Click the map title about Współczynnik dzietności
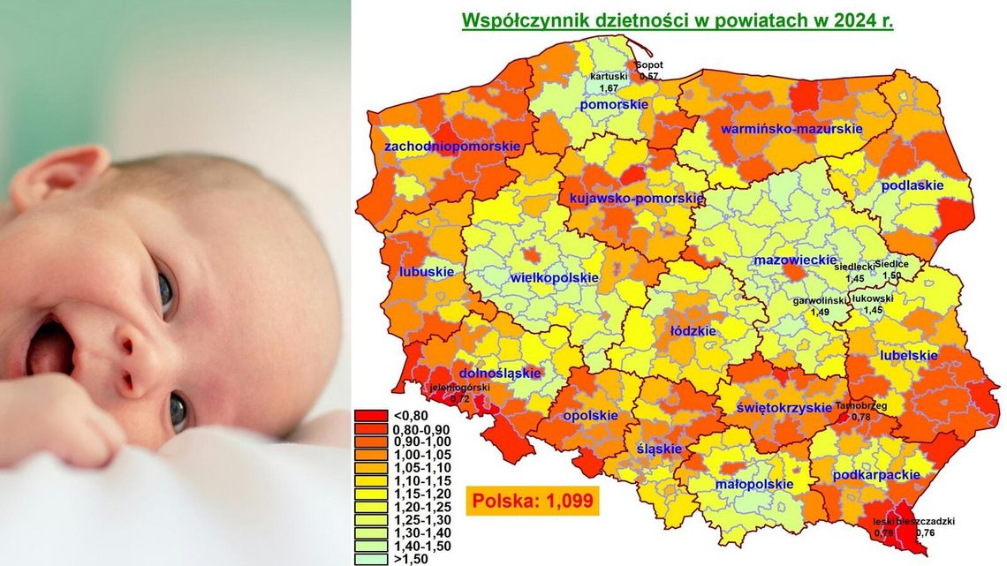click(678, 19)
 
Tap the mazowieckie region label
click(794, 260)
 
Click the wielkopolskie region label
click(555, 278)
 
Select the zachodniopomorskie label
click(451, 146)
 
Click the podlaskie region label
click(912, 186)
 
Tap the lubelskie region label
click(908, 355)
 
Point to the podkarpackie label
click(870, 475)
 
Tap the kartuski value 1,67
click(609, 88)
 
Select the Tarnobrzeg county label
click(860, 406)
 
